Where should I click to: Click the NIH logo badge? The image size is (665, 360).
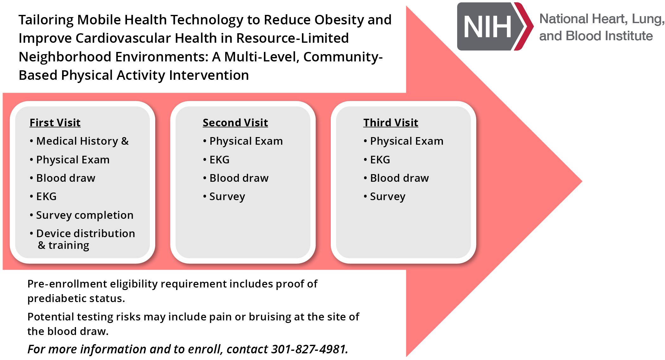(x=495, y=26)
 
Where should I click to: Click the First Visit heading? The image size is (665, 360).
(x=55, y=123)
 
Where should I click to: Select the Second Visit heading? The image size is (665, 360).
(x=235, y=123)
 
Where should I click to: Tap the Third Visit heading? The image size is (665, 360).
(x=391, y=123)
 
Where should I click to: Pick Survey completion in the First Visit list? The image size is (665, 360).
(x=85, y=215)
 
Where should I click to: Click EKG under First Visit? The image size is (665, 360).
(x=46, y=197)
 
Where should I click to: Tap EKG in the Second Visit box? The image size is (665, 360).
(x=219, y=160)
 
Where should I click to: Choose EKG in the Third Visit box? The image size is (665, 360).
(x=380, y=160)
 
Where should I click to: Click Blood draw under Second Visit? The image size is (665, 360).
(x=239, y=178)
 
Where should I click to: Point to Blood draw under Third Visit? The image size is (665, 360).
(x=400, y=178)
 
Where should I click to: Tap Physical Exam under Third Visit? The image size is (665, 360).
(x=407, y=141)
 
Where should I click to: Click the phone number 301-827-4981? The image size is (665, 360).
(x=309, y=349)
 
